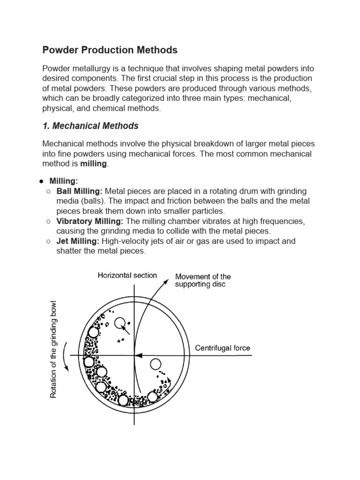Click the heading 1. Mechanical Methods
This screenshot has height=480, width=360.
pyautogui.click(x=90, y=126)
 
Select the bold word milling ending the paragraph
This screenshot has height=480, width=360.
pyautogui.click(x=94, y=164)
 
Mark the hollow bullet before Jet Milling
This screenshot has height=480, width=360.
pyautogui.click(x=49, y=241)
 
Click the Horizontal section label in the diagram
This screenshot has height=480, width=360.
pyautogui.click(x=127, y=275)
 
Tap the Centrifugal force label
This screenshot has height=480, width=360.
pyautogui.click(x=222, y=348)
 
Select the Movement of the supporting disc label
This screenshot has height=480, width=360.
pyautogui.click(x=203, y=280)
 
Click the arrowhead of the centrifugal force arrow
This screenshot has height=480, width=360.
pyautogui.click(x=137, y=355)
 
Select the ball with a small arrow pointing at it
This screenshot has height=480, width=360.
pyautogui.click(x=120, y=322)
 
